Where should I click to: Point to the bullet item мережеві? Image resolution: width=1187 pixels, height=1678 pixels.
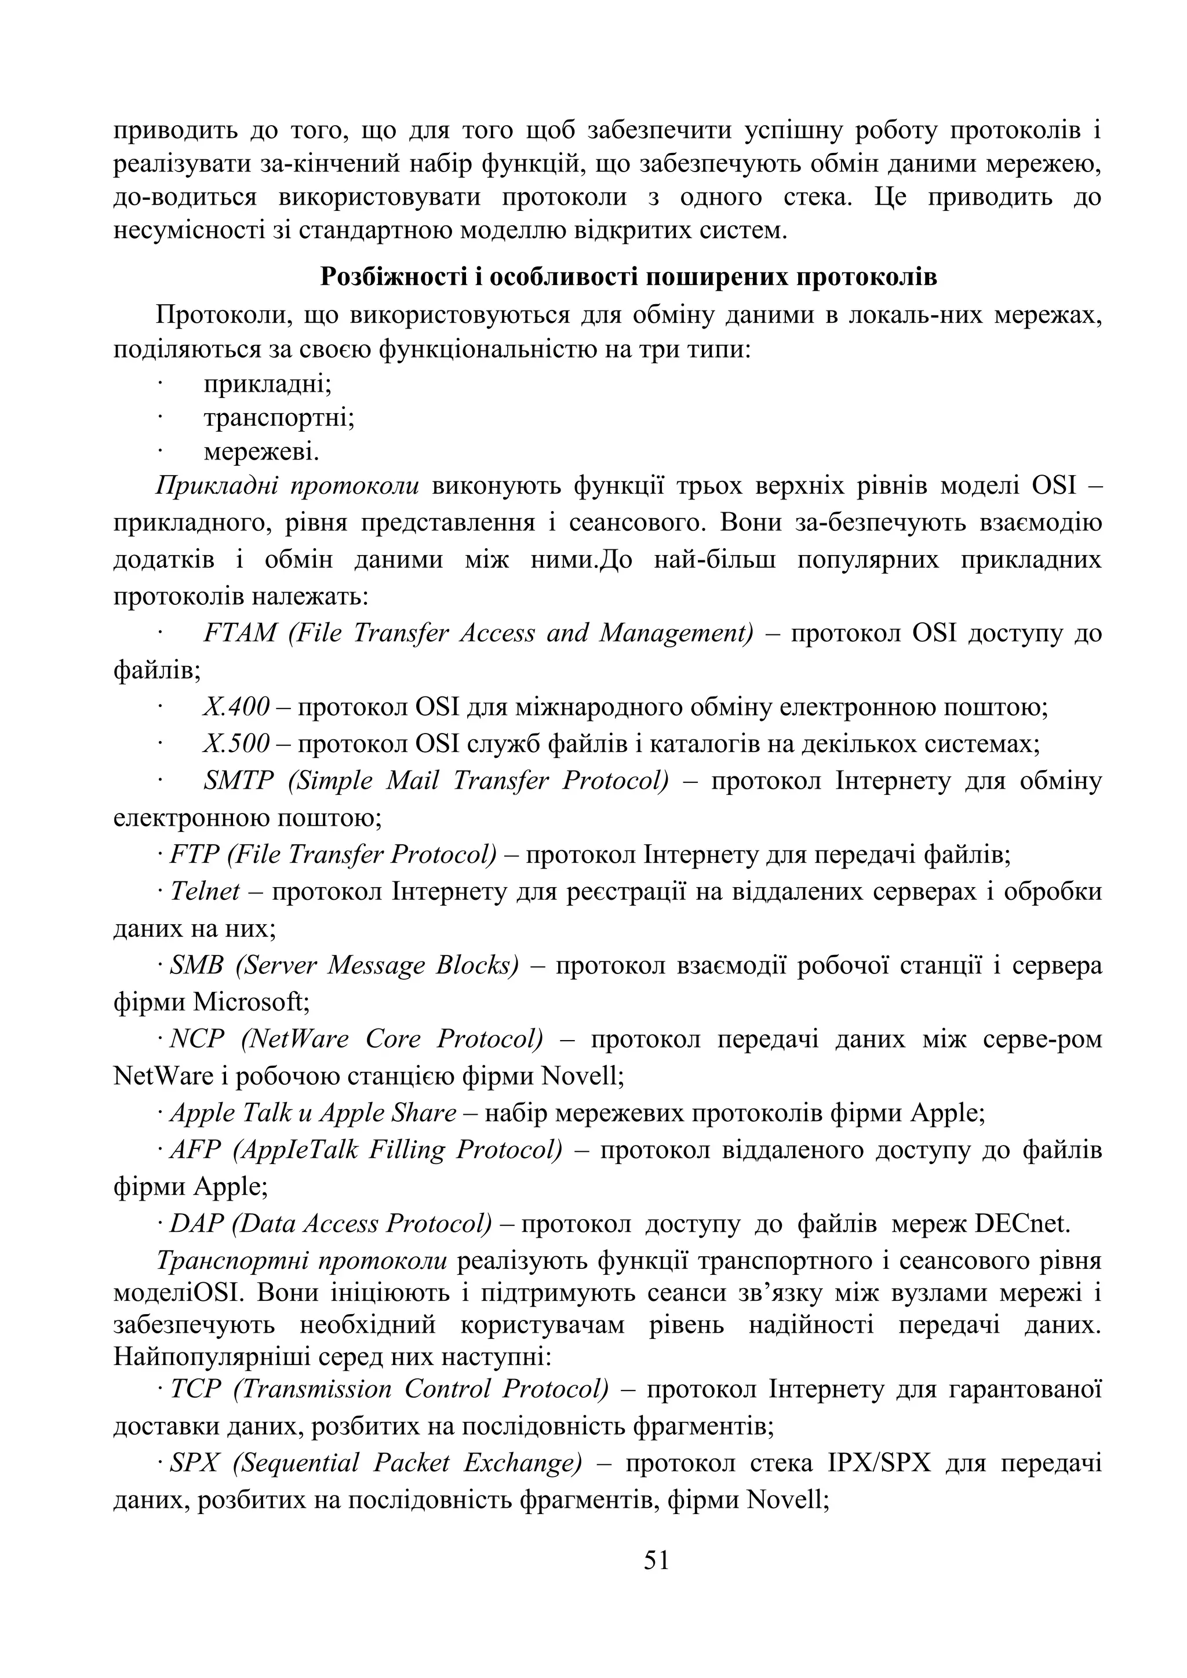(261, 453)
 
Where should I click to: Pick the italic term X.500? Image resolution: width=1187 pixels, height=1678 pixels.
(236, 743)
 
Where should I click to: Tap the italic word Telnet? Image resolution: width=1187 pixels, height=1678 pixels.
(205, 892)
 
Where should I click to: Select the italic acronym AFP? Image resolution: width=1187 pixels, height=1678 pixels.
(195, 1150)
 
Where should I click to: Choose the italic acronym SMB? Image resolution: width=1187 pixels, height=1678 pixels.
(196, 965)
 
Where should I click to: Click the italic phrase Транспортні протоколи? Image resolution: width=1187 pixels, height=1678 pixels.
(301, 1261)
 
